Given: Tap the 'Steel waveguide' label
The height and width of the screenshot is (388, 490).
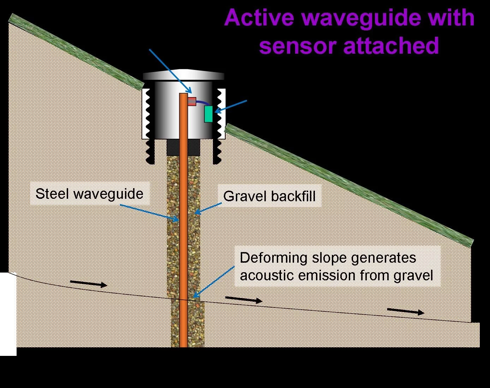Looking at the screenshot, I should click(x=89, y=194).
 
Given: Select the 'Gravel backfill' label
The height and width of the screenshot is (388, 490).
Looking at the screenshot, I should click(x=269, y=196).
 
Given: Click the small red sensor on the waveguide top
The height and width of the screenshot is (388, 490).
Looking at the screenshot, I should click(x=192, y=101).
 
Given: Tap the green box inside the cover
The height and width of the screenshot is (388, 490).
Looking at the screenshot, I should click(x=209, y=114).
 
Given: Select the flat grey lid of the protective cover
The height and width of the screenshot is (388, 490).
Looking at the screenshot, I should click(x=184, y=75).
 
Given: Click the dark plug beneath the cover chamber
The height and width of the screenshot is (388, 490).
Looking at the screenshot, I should click(x=183, y=147).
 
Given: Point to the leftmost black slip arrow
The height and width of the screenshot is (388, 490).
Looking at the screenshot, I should click(x=88, y=283).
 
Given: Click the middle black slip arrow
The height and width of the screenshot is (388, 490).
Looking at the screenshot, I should click(x=244, y=300).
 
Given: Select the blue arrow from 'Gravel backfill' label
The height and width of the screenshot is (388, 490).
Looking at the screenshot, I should click(x=208, y=209).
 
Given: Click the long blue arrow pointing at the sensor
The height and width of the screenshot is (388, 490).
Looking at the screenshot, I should click(x=169, y=70).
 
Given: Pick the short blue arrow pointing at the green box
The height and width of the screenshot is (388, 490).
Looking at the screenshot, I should click(x=231, y=106).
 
